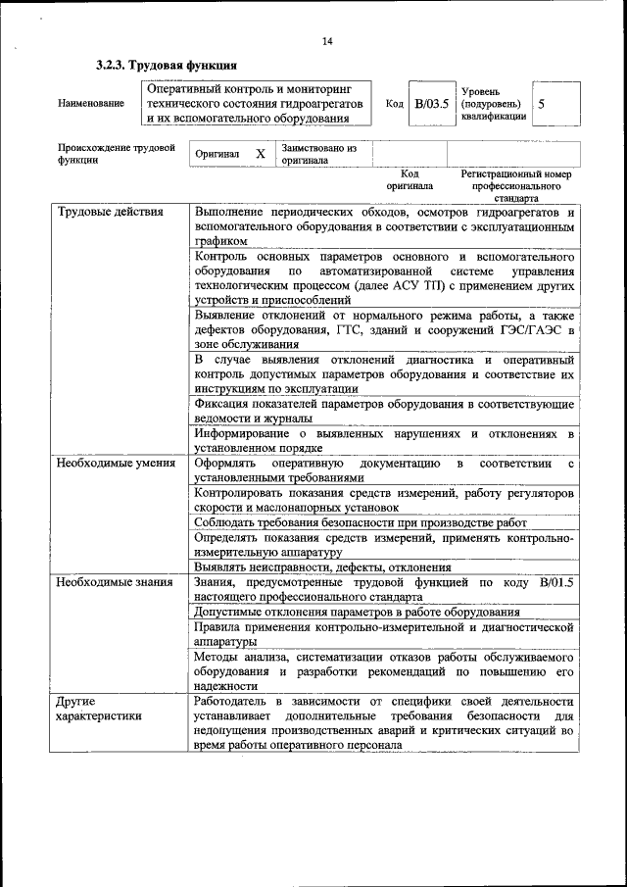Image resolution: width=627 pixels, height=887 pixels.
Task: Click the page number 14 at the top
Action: (327, 41)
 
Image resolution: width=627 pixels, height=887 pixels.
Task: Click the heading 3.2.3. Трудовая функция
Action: (166, 66)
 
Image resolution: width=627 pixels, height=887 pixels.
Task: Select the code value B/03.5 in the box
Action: (430, 103)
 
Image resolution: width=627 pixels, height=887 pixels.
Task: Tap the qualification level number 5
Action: (542, 103)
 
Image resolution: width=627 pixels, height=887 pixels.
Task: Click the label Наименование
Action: (91, 104)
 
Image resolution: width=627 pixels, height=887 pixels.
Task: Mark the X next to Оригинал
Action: (260, 154)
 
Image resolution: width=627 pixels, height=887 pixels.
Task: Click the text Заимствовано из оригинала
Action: (318, 155)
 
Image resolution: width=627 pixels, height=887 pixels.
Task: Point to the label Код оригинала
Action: (410, 178)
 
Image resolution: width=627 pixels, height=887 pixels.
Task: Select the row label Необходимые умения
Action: (116, 463)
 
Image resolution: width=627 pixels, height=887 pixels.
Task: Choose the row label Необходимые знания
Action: (115, 582)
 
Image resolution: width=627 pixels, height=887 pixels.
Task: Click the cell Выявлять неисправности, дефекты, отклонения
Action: (322, 567)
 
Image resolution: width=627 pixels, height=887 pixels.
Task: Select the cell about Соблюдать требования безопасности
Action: (361, 522)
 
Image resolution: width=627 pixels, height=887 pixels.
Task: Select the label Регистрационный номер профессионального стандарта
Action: (515, 184)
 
